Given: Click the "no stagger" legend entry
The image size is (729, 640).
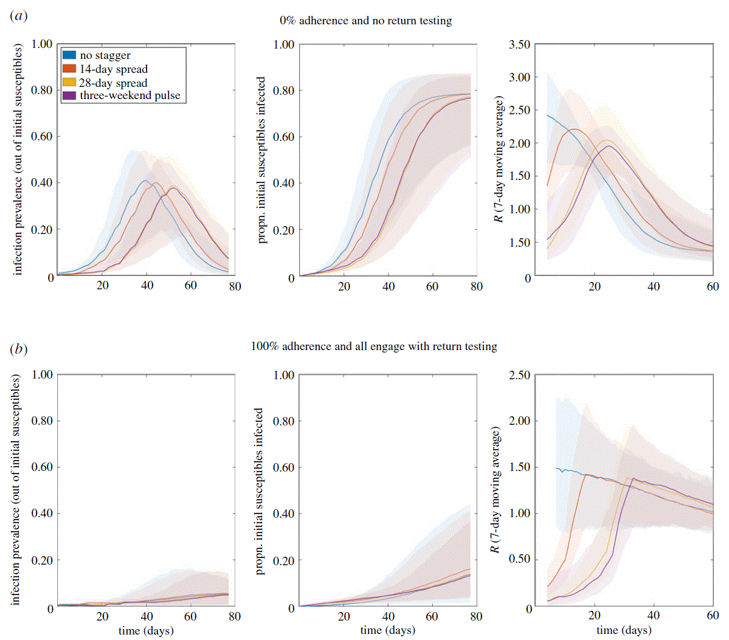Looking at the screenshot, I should (105, 55).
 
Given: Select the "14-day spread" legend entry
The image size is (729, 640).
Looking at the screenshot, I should (113, 69).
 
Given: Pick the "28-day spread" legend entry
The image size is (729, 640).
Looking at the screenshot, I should (113, 83).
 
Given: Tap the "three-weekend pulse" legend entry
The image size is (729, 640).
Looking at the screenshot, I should (130, 95).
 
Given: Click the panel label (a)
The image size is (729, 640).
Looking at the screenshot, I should (19, 16).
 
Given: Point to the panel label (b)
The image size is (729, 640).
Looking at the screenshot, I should (19, 349).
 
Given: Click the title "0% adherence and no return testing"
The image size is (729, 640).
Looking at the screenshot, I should (365, 21).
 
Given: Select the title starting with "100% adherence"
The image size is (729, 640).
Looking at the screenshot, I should (374, 346).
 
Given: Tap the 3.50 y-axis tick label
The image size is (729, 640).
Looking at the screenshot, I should (519, 44).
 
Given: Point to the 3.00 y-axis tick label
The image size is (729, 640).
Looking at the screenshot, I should (519, 77).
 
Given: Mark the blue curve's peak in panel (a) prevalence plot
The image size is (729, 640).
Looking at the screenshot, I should (145, 181).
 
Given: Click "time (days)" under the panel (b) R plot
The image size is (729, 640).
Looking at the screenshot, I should (624, 630).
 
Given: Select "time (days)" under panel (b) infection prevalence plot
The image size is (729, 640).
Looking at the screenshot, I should (146, 630).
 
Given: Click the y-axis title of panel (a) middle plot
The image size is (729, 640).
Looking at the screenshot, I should (261, 160).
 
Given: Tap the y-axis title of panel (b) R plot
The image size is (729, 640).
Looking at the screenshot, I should (496, 490).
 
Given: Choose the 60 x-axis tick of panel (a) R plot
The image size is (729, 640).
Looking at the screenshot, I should (713, 286).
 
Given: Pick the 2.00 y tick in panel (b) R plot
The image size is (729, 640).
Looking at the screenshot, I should (519, 421).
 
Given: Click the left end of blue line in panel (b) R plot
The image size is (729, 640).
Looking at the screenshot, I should (556, 468).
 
